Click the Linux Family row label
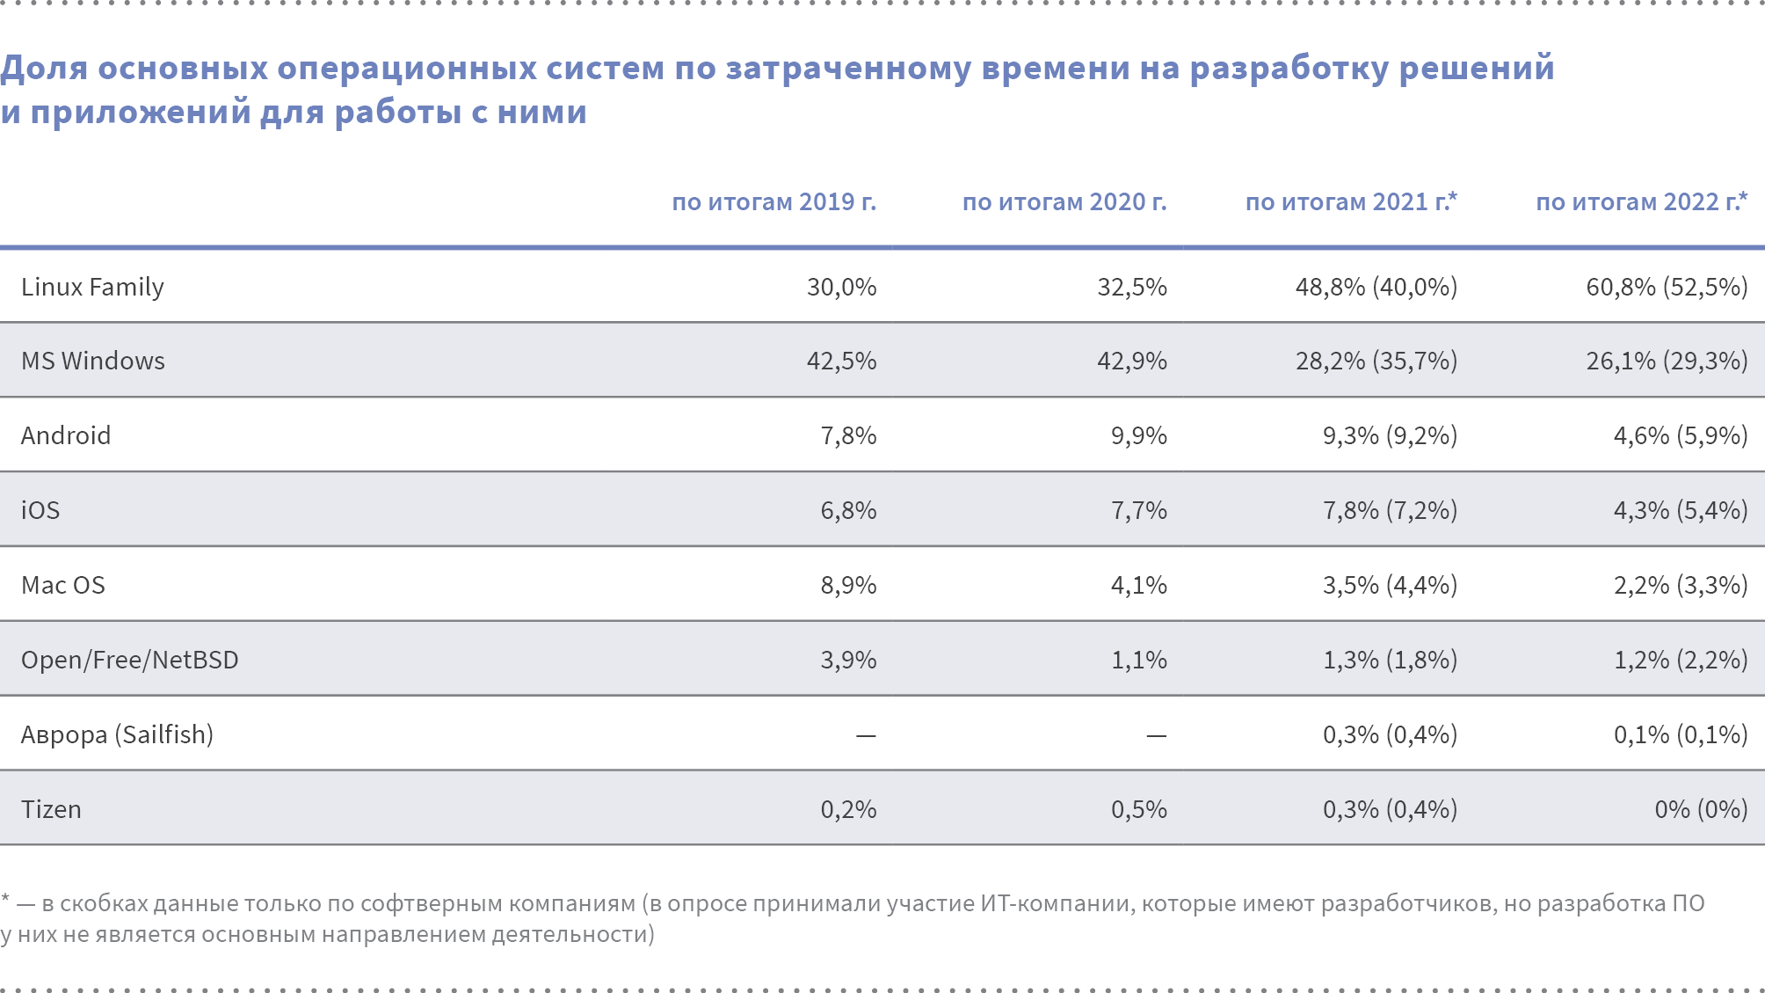click(92, 288)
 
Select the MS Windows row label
click(93, 361)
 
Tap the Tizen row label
click(51, 809)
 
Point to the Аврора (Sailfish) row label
click(117, 734)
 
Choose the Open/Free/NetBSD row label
click(130, 660)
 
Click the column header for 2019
click(774, 202)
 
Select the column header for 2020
click(1064, 202)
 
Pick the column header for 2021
click(1350, 202)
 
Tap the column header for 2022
click(1640, 202)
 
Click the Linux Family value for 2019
click(841, 288)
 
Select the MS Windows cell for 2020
click(1131, 361)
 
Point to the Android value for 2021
click(1390, 436)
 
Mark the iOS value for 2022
click(1680, 511)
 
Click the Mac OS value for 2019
click(848, 586)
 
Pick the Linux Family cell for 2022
click(1667, 288)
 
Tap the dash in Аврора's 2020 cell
click(1156, 735)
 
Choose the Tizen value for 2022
click(1701, 809)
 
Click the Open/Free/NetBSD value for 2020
click(1138, 660)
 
